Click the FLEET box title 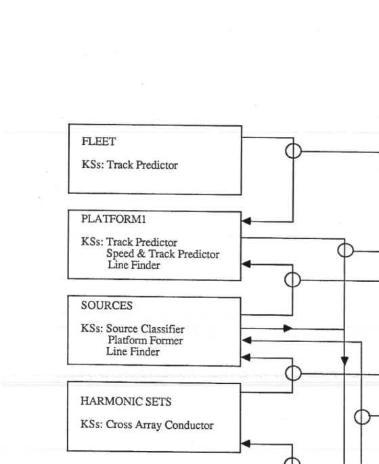pyautogui.click(x=99, y=142)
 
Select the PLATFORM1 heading pyautogui.click(x=114, y=219)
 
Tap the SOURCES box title pyautogui.click(x=107, y=305)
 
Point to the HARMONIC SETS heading pyautogui.click(x=126, y=401)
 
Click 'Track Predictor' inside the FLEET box pyautogui.click(x=142, y=165)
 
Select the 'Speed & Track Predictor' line pyautogui.click(x=163, y=253)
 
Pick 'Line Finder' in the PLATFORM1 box pyautogui.click(x=134, y=265)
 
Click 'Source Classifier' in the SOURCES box pyautogui.click(x=145, y=329)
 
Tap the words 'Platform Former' pyautogui.click(x=145, y=340)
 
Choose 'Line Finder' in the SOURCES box pyautogui.click(x=133, y=352)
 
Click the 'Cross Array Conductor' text pyautogui.click(x=160, y=425)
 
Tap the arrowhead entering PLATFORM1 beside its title pyautogui.click(x=246, y=221)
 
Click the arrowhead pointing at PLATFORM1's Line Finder pyautogui.click(x=246, y=264)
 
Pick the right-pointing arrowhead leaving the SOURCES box pyautogui.click(x=288, y=328)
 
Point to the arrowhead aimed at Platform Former pyautogui.click(x=247, y=340)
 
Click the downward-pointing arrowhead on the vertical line pyautogui.click(x=344, y=361)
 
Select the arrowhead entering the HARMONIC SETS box pyautogui.click(x=246, y=443)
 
